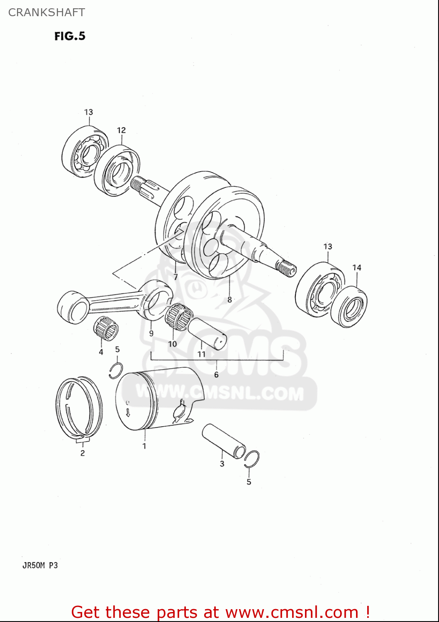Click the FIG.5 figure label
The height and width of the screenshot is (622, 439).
70,36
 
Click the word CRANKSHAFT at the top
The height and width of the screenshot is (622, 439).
46,12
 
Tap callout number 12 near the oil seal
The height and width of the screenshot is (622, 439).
121,130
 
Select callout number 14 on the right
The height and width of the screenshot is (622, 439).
357,268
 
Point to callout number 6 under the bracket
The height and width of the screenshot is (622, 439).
216,374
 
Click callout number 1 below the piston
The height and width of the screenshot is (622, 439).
144,446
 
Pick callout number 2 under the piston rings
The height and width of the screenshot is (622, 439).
83,453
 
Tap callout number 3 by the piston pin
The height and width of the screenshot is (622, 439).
222,464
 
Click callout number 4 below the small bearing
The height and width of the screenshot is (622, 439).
101,352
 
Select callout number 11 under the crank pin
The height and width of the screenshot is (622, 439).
201,354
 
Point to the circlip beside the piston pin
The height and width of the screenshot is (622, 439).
252,459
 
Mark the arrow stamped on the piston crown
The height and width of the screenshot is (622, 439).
128,412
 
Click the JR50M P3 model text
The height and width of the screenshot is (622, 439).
40,565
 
